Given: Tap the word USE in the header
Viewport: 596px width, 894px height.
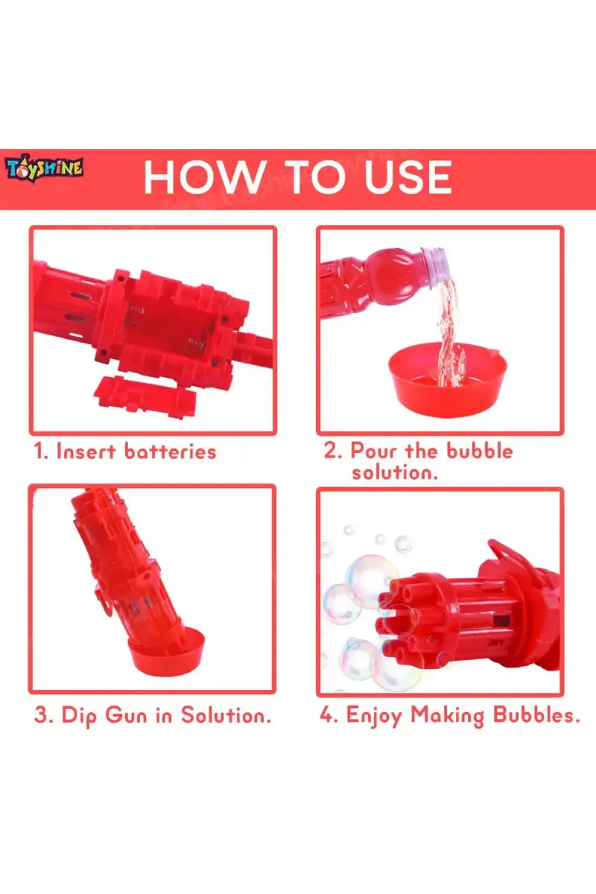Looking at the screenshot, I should pos(403,177).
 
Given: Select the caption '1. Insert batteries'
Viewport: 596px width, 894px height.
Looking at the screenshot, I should pos(125,451).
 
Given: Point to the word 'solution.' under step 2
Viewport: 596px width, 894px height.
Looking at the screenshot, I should pos(395,472).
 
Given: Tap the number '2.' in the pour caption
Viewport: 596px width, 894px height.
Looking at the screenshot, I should pos(333,451).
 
